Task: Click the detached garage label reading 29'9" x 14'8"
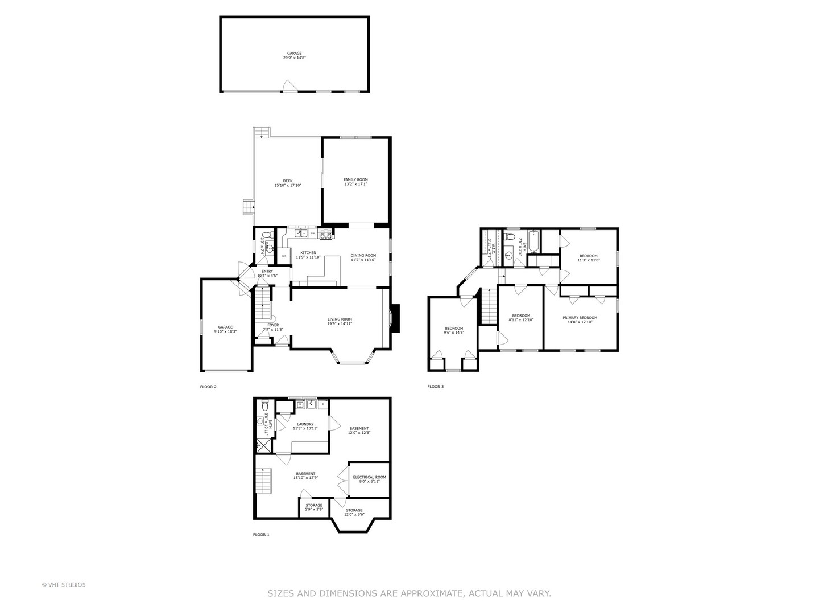pos(294,55)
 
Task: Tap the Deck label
pos(287,183)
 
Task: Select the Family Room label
pos(355,182)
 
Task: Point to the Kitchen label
pos(308,255)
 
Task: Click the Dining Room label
pos(363,257)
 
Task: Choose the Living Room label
pos(340,321)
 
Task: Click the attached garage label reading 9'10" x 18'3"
pos(225,329)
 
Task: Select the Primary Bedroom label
pos(580,319)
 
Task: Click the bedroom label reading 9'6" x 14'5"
pos(454,330)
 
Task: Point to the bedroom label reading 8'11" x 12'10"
pos(520,318)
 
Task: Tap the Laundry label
pos(305,426)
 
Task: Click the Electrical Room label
pos(369,479)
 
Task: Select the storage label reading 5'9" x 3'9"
pos(314,507)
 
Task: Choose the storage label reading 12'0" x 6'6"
pos(354,512)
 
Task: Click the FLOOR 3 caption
pos(435,387)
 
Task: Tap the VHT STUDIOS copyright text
pos(64,585)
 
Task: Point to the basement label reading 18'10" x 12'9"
pos(305,475)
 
